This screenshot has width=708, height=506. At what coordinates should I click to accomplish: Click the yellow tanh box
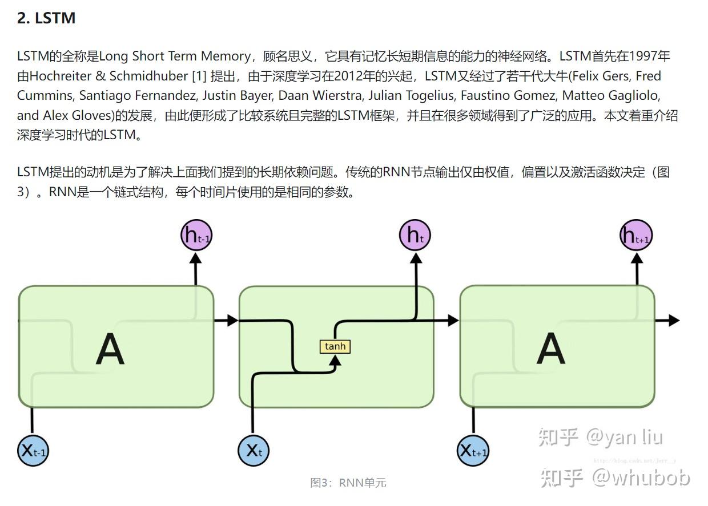click(335, 346)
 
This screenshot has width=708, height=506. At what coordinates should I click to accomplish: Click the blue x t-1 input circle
click(33, 451)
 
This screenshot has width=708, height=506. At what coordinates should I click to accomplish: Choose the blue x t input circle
click(253, 451)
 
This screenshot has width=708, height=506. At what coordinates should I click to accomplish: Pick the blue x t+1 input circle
click(473, 451)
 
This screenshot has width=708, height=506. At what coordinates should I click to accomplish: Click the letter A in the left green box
click(110, 349)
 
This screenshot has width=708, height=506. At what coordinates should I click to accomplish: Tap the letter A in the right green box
click(550, 349)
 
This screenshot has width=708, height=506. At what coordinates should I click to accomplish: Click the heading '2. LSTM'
click(46, 18)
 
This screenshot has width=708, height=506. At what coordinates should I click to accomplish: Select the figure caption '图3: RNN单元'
click(348, 483)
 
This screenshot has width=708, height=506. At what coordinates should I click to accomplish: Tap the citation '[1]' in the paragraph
click(201, 76)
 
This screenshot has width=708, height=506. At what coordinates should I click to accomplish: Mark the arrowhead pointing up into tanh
click(336, 360)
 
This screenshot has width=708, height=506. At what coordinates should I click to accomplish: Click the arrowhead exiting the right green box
click(674, 320)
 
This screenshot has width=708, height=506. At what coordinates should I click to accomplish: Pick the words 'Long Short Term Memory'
click(175, 56)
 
